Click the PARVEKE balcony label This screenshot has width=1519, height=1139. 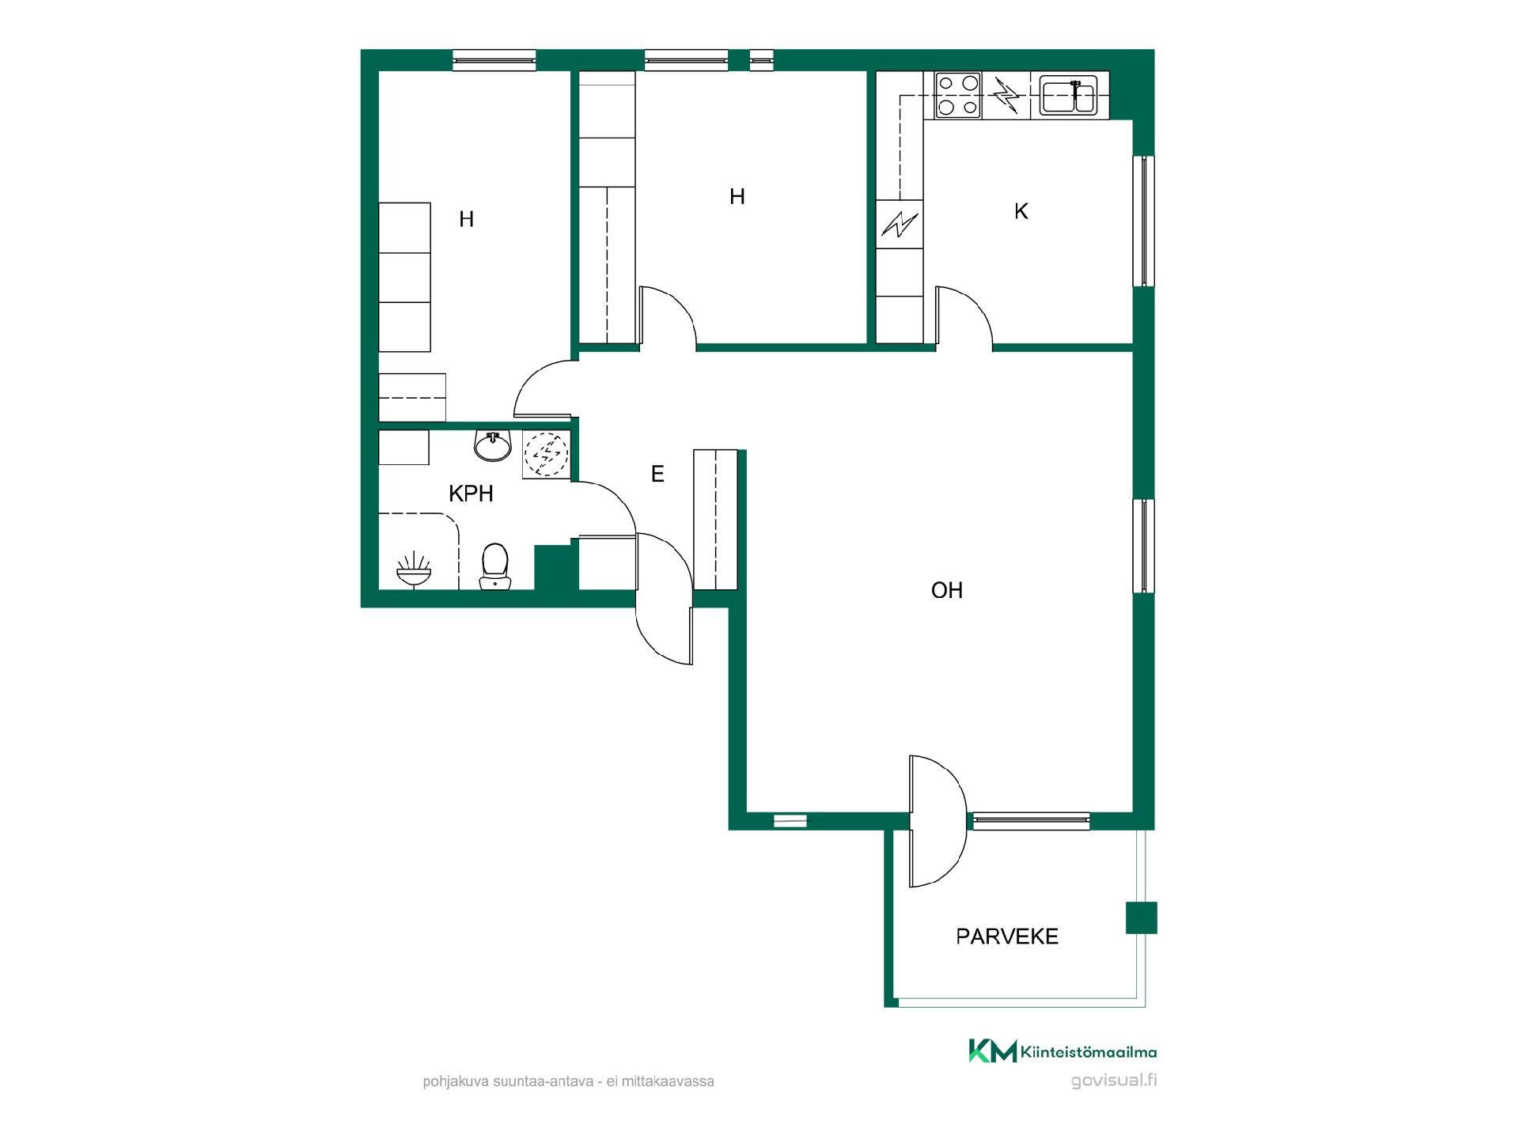1007,937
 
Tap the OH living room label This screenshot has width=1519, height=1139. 947,591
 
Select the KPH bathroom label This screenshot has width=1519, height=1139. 471,494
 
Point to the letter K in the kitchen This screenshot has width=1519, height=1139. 1021,211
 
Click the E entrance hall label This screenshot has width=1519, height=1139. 657,474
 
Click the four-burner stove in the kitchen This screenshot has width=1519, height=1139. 958,95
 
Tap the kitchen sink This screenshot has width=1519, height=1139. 1067,96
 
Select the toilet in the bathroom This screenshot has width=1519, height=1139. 495,566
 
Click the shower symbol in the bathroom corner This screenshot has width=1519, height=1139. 414,570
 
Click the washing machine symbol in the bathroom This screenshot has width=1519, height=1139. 546,455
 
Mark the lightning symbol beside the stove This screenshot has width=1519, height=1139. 1006,95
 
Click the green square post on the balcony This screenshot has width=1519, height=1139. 1142,918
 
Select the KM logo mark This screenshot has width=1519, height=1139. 993,1051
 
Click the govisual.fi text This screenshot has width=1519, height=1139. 1114,1080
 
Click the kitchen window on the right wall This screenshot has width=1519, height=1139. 1144,221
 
